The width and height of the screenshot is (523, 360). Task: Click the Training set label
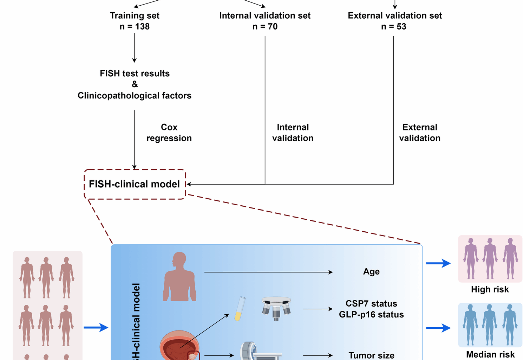pos(135,16)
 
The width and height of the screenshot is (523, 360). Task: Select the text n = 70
pos(265,27)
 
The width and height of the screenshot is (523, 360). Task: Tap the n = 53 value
pos(393,27)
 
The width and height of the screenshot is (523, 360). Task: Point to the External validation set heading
pos(395,16)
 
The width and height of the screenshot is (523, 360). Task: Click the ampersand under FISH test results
pos(135,84)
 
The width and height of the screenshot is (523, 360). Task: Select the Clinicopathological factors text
pos(135,96)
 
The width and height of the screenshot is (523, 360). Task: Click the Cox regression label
pos(169,133)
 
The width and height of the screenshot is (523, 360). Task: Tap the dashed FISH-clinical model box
pos(135,184)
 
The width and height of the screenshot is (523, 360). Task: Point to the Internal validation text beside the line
pos(293,133)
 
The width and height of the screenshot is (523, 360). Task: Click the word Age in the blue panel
pos(371,272)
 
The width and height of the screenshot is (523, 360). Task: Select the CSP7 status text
pos(371,303)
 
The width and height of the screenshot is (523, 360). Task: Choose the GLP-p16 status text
pos(371,315)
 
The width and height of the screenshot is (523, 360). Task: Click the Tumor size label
pos(371,355)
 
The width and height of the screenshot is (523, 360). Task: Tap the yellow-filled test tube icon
pos(240,309)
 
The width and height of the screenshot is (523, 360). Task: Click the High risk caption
pos(490,289)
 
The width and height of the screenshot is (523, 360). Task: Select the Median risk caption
pos(490,354)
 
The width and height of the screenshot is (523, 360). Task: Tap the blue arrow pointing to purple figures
pos(438,263)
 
